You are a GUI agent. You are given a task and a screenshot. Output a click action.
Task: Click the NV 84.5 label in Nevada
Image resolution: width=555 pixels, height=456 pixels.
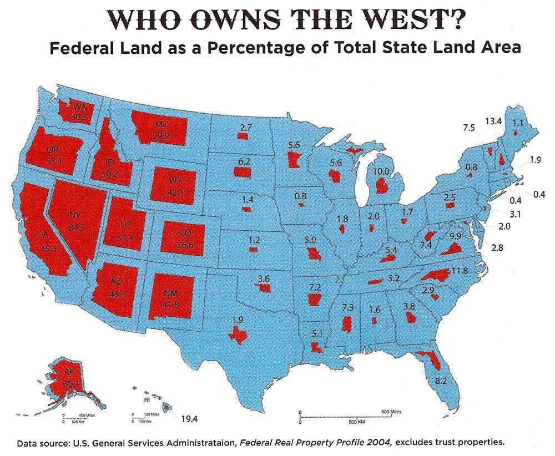pyautogui.click(x=74, y=220)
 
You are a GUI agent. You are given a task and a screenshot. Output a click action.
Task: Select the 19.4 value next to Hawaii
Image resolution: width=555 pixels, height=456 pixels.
pyautogui.click(x=188, y=418)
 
